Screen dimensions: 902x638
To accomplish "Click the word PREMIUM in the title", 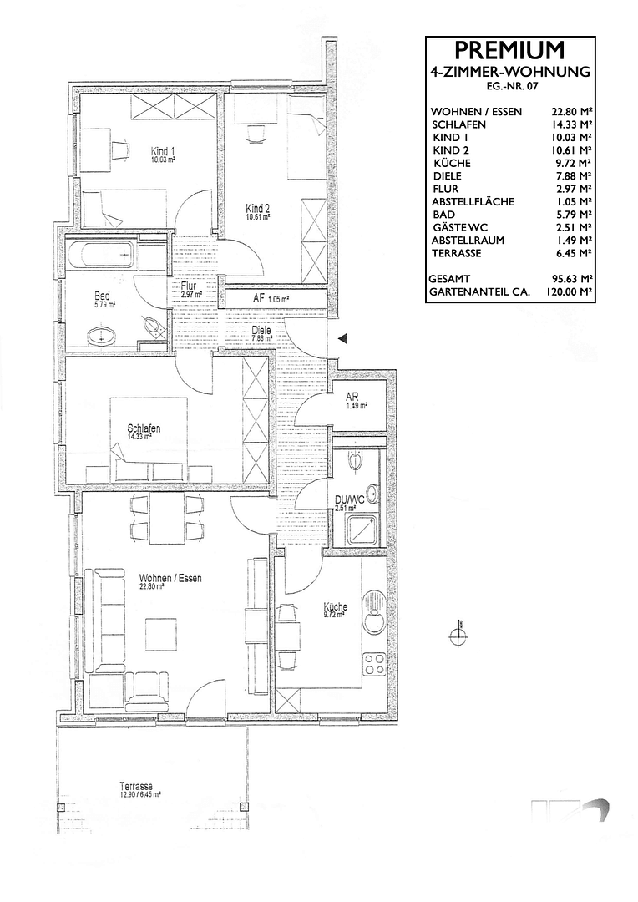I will click(x=509, y=50).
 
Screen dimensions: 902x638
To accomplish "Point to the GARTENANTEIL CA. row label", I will click(x=478, y=291).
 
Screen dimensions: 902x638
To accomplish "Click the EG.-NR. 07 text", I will click(x=509, y=86).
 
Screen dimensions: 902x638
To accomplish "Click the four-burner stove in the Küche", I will click(x=374, y=665).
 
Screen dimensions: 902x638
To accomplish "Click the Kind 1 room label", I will click(x=163, y=151).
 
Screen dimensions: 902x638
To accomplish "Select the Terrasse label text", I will click(x=135, y=787).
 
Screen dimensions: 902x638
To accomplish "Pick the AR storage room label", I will click(x=352, y=398).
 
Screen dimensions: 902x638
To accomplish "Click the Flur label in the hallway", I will click(x=188, y=286).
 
